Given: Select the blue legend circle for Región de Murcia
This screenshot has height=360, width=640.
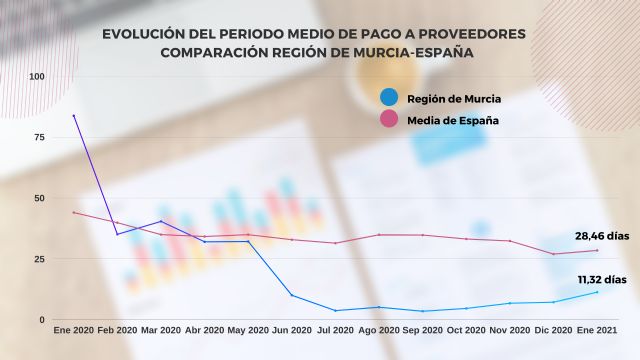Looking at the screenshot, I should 390,98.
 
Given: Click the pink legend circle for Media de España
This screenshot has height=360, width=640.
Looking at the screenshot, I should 390,121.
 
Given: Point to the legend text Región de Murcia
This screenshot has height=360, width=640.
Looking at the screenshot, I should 454,98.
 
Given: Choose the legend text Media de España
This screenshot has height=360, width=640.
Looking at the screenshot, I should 453,121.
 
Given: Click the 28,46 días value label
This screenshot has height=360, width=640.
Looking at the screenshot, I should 603,236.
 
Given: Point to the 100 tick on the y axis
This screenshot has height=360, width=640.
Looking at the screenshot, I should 37,77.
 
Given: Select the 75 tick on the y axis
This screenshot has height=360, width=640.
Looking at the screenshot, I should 39,138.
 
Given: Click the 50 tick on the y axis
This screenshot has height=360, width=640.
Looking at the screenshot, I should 39,198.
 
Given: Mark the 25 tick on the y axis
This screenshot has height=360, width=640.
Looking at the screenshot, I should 39,259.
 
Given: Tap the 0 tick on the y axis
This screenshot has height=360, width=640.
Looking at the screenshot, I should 42,320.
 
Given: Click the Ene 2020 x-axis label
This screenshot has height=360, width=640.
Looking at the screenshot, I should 73,331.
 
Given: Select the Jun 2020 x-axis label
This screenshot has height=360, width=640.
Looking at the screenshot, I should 292,331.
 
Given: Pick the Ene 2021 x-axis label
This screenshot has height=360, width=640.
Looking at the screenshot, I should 597,331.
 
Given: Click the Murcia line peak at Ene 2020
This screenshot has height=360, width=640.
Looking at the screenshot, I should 73,115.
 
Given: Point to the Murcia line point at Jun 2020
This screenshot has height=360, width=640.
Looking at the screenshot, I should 292,295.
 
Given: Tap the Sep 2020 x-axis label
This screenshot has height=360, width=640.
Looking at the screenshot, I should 423,331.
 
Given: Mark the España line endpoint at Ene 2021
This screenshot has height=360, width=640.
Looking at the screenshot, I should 597,250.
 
